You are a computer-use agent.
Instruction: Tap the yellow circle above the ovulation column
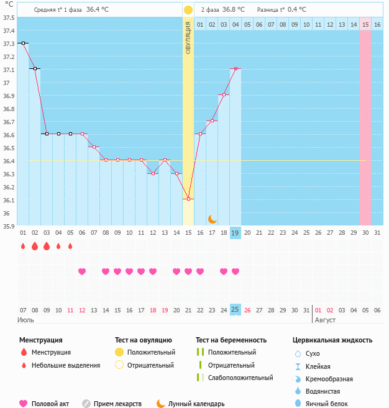tap(188, 10)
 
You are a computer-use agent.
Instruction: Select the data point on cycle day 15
tap(188, 199)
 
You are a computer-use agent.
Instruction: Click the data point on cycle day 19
tap(235, 69)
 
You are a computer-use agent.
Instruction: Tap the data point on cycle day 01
tap(23, 43)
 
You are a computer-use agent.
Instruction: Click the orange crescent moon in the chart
tap(212, 219)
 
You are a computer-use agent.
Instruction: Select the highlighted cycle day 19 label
tap(235, 232)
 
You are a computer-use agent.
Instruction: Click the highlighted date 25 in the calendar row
tap(235, 309)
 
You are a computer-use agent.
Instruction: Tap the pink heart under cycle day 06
tap(82, 271)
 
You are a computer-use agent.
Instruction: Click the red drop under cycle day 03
tap(47, 247)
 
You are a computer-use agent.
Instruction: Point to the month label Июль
tap(25, 320)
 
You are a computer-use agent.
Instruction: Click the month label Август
tap(326, 320)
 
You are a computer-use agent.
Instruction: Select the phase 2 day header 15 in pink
tap(365, 24)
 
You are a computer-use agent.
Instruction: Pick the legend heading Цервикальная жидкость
tap(332, 340)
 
